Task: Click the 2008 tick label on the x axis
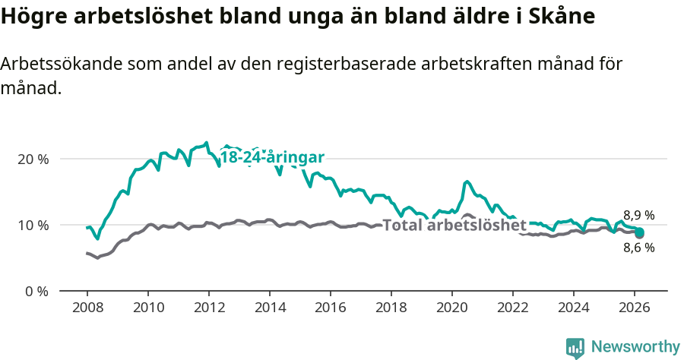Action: tap(87, 309)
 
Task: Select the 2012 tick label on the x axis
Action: tap(208, 309)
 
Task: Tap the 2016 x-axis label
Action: tap(331, 309)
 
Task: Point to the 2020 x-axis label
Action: tap(452, 309)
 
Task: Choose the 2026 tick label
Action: tap(635, 309)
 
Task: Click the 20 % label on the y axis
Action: tap(33, 159)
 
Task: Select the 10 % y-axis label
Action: tap(33, 226)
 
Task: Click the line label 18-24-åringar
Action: tap(272, 157)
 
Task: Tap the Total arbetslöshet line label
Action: tap(454, 226)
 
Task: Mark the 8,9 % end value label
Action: tap(638, 215)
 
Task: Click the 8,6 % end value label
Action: tap(638, 248)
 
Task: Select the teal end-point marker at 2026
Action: tap(639, 232)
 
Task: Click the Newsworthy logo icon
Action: tap(575, 347)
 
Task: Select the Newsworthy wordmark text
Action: tap(635, 347)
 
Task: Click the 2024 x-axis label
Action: tap(574, 309)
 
